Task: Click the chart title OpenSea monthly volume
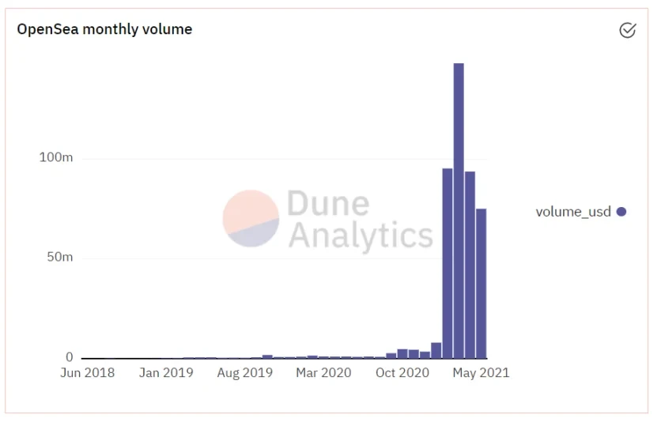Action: (104, 29)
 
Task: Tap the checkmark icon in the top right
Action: (627, 30)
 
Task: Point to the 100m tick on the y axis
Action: (56, 158)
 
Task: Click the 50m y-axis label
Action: (57, 258)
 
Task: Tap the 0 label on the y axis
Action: (69, 357)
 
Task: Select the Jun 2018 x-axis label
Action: (87, 373)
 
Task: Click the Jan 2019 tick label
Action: (166, 373)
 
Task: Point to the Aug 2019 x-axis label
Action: (245, 373)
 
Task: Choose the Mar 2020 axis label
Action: (324, 373)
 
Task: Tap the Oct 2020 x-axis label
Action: (402, 373)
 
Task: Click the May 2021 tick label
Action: (481, 373)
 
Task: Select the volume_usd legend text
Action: (573, 212)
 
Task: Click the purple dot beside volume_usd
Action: (621, 212)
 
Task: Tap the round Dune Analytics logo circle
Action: (251, 218)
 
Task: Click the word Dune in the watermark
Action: (328, 203)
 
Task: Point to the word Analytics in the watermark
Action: (361, 235)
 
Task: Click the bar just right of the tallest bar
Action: (470, 265)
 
